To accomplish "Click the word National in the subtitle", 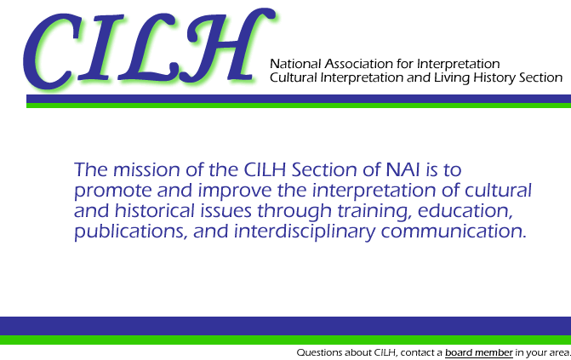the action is tap(295, 64).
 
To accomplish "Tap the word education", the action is tap(465, 211).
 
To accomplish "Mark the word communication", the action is tap(454, 231).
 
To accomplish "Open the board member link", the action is tap(479, 352).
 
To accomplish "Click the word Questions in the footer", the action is tap(319, 352).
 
